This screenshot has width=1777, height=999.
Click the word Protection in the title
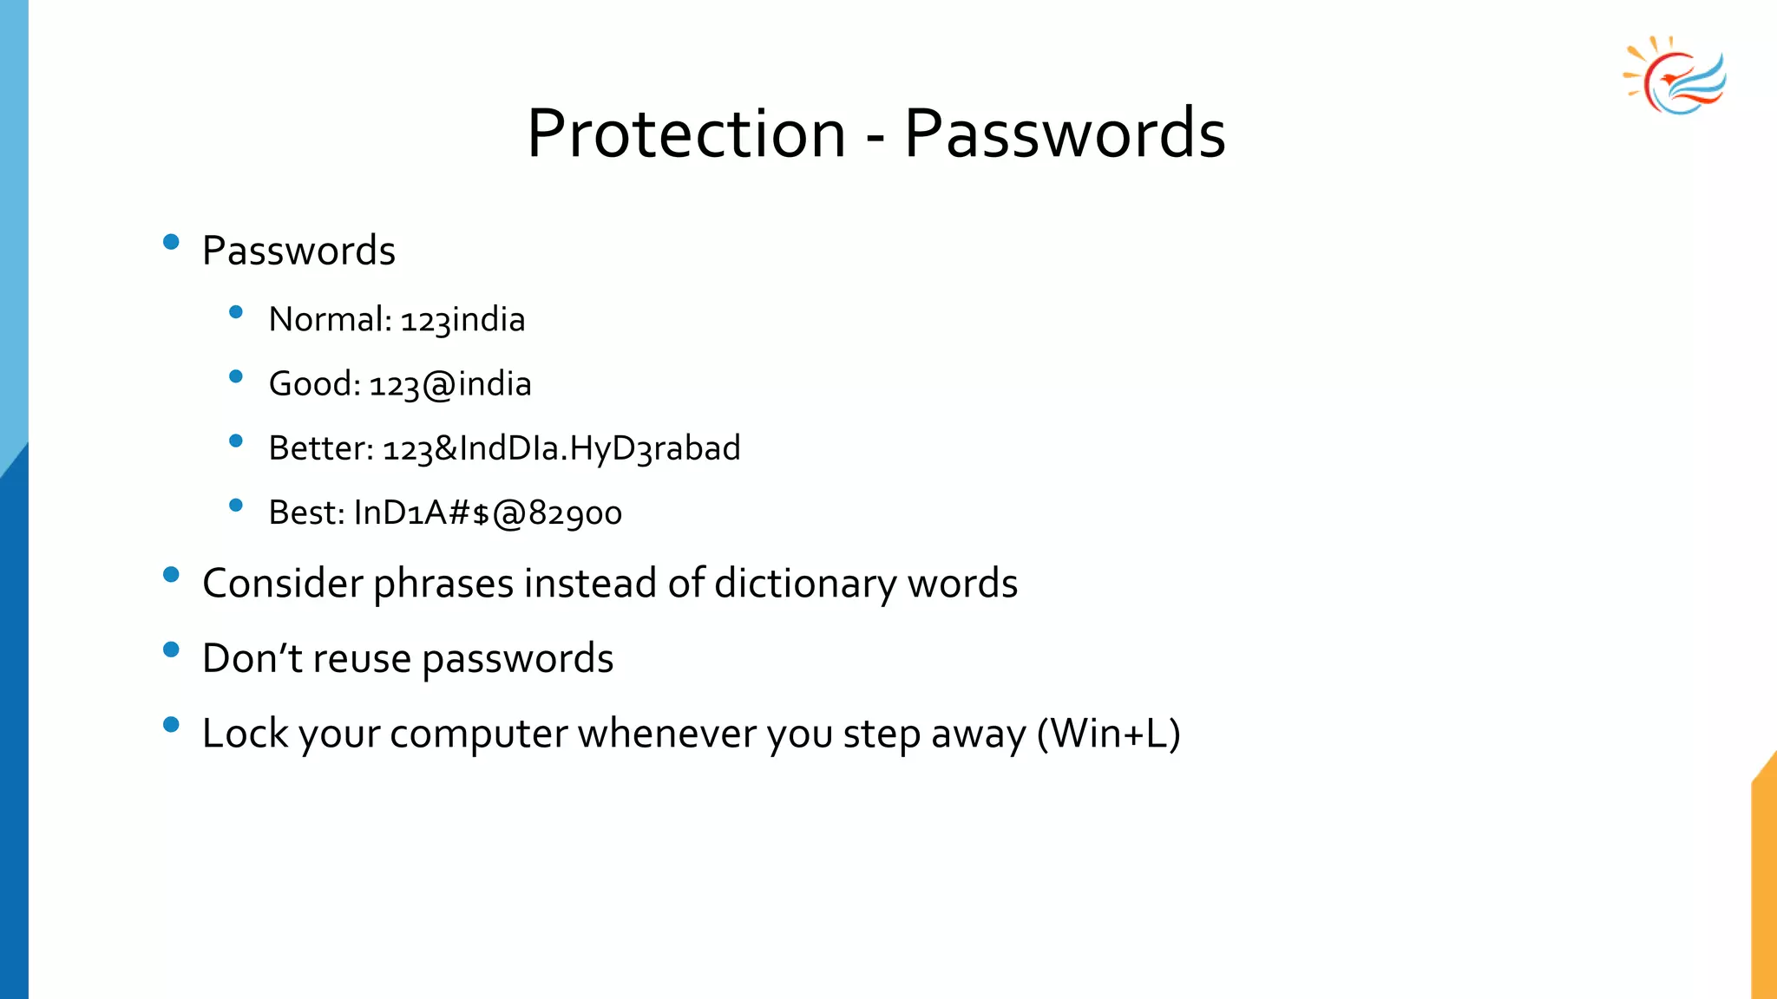tap(685, 134)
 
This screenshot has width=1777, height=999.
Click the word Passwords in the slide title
tap(1065, 134)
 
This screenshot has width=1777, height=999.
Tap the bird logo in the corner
tap(1675, 76)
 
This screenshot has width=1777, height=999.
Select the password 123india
tap(462, 320)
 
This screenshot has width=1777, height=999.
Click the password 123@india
tap(449, 384)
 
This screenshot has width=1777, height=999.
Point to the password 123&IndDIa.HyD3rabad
tap(561, 448)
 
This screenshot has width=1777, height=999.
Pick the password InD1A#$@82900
tap(488, 513)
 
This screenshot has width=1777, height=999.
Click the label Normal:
tap(331, 320)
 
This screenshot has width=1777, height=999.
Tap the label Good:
tap(314, 384)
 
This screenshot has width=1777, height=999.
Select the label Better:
tap(321, 448)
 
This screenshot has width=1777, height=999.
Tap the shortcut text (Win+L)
tap(1109, 734)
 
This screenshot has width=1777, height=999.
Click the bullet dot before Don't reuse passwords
tap(171, 650)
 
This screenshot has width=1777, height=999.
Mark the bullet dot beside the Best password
tap(235, 505)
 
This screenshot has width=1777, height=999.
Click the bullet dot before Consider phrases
tap(171, 574)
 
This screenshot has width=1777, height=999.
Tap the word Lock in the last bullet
tap(245, 734)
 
